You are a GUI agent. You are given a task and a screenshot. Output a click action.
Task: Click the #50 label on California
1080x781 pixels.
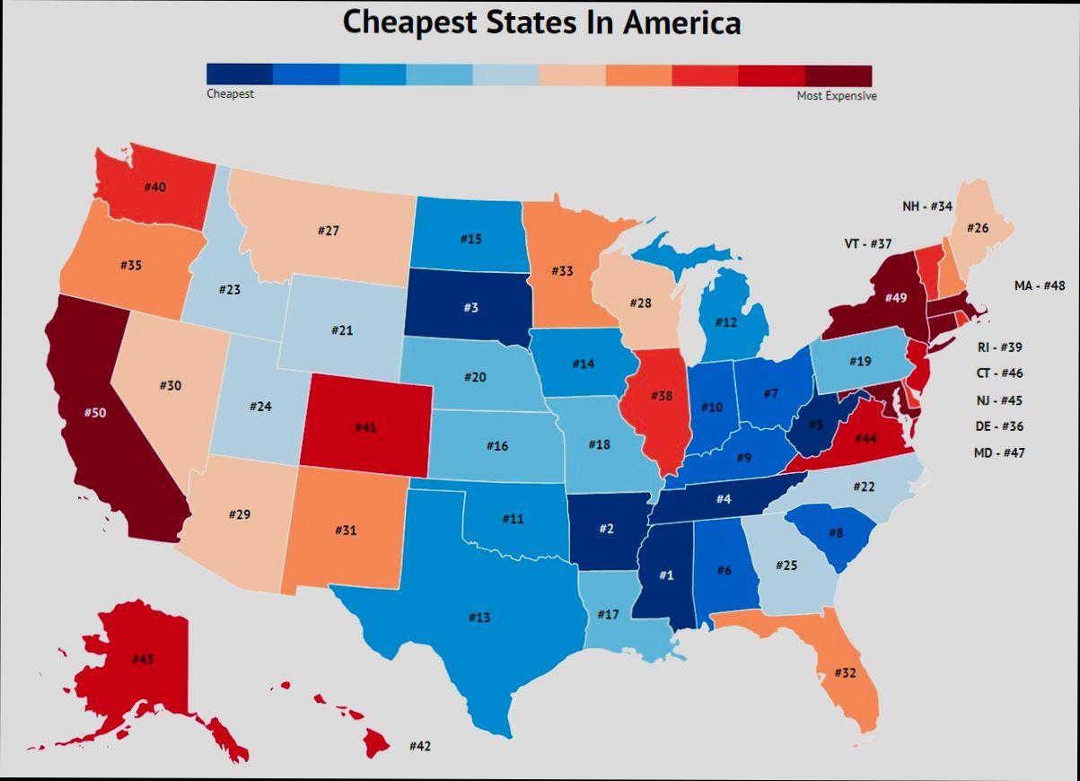pos(94,412)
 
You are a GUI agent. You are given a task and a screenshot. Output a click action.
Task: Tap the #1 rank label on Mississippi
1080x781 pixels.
pos(666,575)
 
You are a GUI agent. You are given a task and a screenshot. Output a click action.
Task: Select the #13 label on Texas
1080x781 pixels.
pos(479,618)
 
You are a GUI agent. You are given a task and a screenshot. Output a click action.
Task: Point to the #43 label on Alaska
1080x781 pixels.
pos(143,660)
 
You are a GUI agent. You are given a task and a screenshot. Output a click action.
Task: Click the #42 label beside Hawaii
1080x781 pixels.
pos(420,746)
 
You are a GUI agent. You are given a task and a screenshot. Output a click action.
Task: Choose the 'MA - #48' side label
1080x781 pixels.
pos(1040,285)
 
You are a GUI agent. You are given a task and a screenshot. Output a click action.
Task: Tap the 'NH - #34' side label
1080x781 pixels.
pos(927,206)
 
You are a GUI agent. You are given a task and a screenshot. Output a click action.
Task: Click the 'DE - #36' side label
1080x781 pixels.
pos(998,426)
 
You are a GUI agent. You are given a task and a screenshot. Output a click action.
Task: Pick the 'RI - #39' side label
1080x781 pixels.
pos(998,347)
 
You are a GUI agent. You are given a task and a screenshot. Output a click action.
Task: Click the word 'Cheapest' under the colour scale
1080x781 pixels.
pos(230,93)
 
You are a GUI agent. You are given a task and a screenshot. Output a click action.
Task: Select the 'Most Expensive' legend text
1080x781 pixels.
pos(837,95)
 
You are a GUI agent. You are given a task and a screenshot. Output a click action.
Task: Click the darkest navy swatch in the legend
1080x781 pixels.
pos(240,75)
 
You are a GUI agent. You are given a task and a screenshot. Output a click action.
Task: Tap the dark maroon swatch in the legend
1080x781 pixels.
pos(839,75)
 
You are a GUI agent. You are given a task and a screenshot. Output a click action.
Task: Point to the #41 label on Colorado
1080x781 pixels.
pos(365,427)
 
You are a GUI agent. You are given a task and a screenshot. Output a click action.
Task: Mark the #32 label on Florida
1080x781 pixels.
pos(845,672)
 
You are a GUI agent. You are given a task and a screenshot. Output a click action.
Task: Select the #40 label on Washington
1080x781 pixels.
pos(154,187)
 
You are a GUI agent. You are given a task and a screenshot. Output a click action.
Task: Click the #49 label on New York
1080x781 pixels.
pos(896,297)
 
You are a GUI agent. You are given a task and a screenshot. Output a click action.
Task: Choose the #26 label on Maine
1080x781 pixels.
pos(978,228)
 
